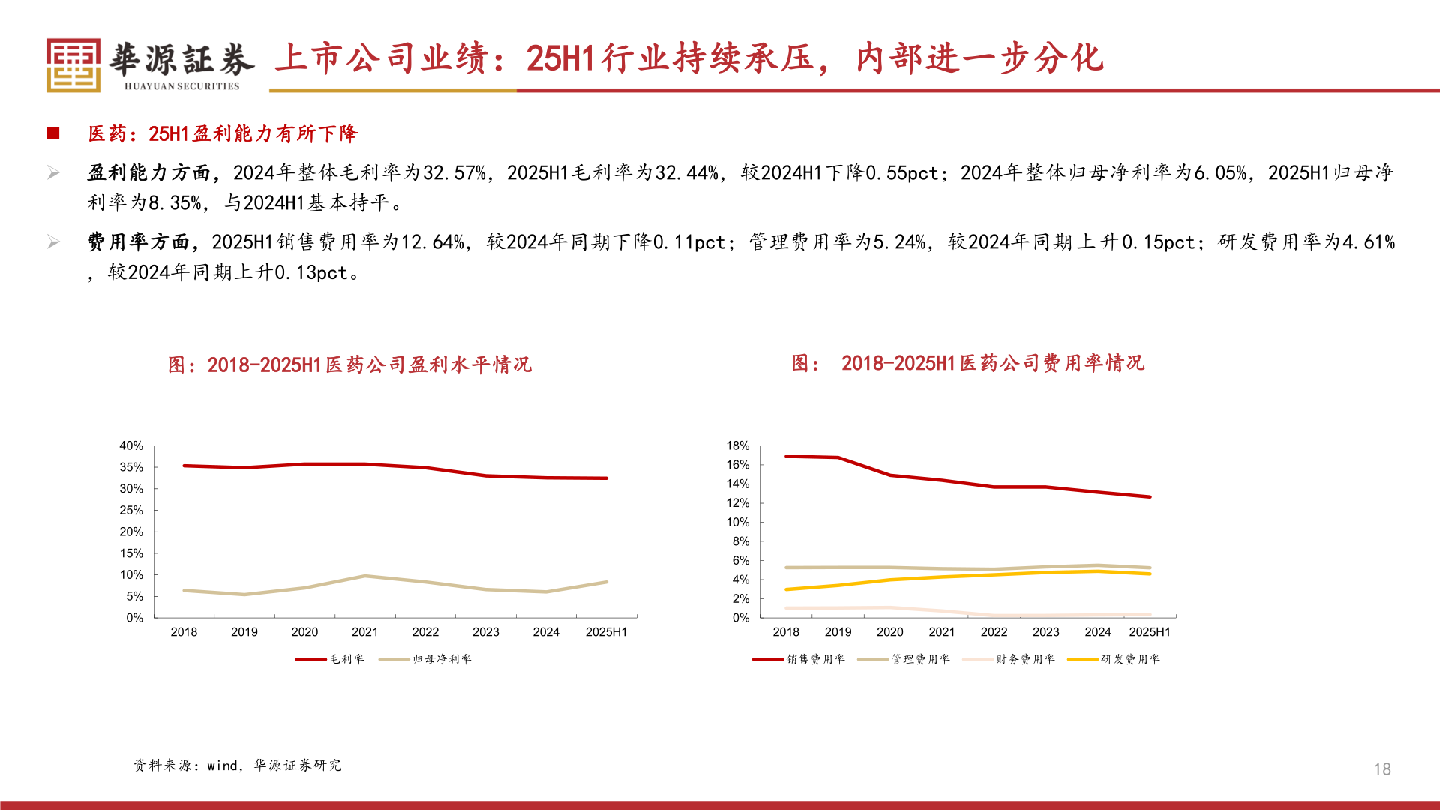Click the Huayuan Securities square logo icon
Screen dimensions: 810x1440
73,65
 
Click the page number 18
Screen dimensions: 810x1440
1381,769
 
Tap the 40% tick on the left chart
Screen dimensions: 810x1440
131,445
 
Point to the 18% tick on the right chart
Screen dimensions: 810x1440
737,445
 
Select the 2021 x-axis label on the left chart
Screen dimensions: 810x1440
364,632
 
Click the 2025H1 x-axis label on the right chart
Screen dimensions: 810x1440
1149,632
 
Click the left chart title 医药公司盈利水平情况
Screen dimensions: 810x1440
349,364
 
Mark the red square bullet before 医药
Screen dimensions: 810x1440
53,133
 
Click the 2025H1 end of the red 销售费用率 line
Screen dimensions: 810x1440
1149,496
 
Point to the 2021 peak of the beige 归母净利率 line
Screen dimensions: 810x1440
364,576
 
